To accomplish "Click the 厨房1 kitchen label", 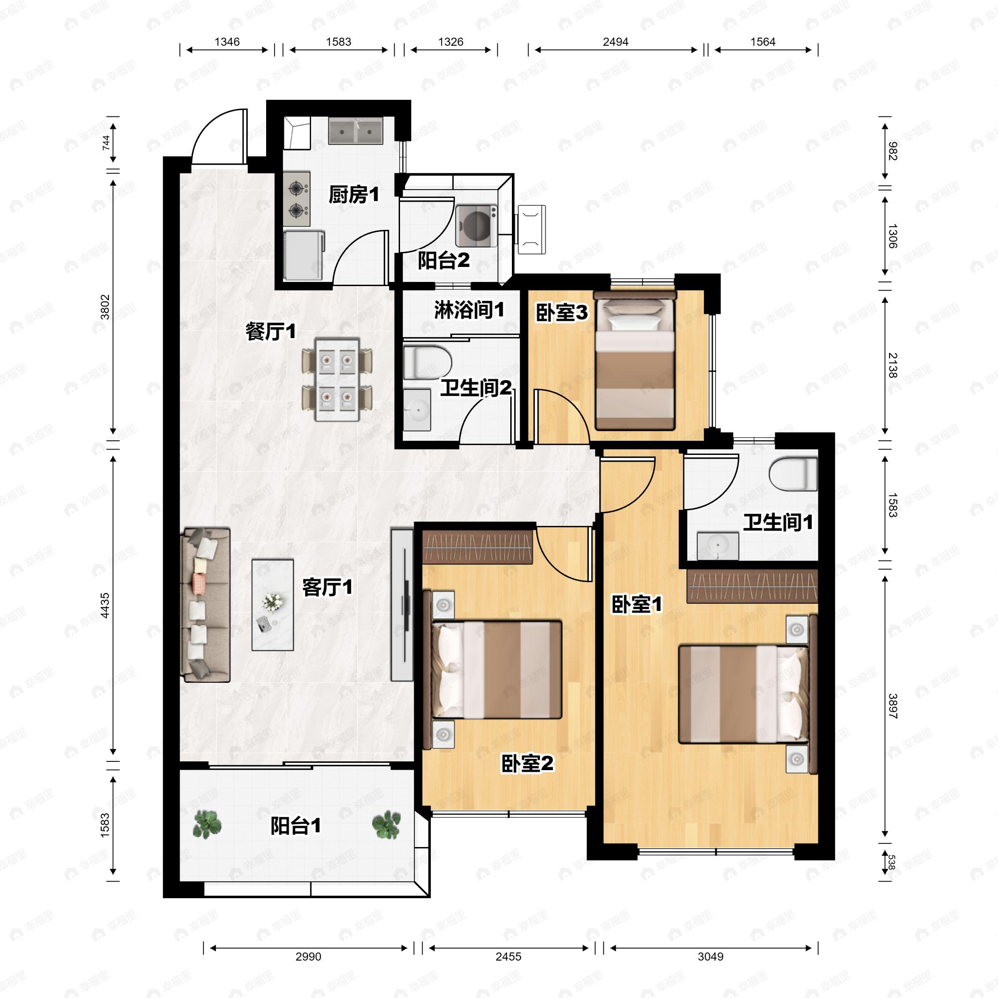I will (354, 195).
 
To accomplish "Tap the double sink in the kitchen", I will (356, 131).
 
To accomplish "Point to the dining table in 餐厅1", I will (337, 379).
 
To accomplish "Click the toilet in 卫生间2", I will (427, 362).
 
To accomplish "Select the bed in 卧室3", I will (635, 362).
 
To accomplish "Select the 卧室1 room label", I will (636, 604).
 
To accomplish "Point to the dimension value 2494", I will (615, 42).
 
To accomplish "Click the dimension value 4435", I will (105, 605).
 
